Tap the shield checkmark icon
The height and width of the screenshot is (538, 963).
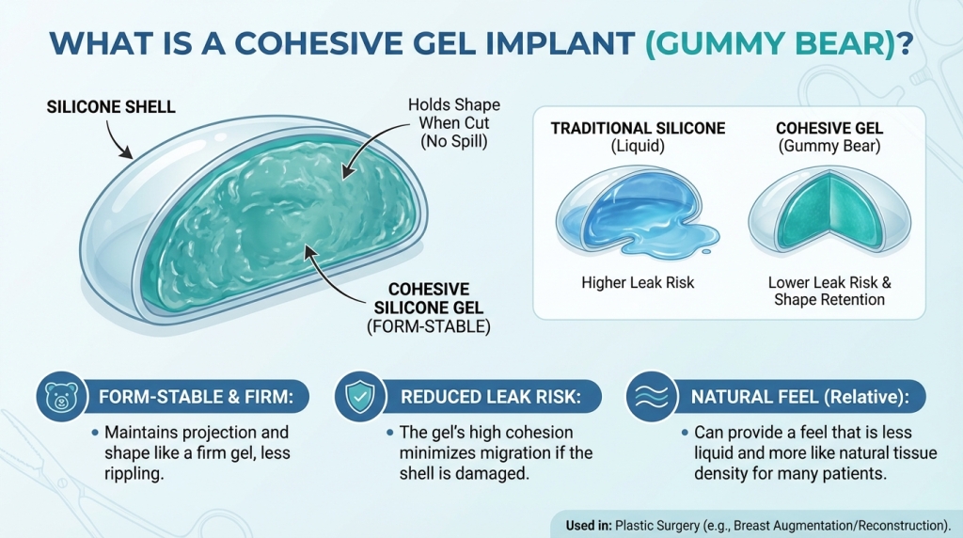(x=355, y=397)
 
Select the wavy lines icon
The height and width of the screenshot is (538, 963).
(x=646, y=397)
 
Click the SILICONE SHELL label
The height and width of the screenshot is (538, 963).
(x=111, y=107)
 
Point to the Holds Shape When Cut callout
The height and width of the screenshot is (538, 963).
(x=453, y=120)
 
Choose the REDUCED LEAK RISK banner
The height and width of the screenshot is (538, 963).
(x=487, y=397)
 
